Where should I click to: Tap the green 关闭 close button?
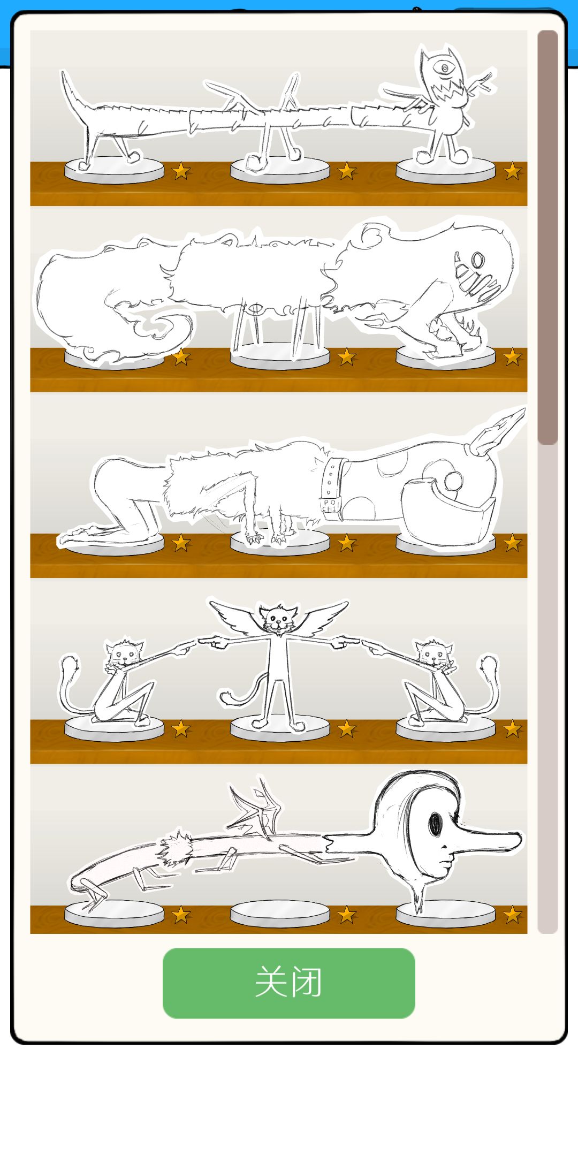(289, 983)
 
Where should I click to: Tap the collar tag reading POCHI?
(329, 505)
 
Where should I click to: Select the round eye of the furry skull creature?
(477, 261)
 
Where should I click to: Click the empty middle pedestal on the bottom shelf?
(280, 913)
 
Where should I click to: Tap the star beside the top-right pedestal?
(512, 171)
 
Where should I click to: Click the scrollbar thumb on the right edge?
(547, 237)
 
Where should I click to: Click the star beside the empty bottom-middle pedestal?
(347, 915)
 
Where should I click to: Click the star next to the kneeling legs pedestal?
(181, 543)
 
